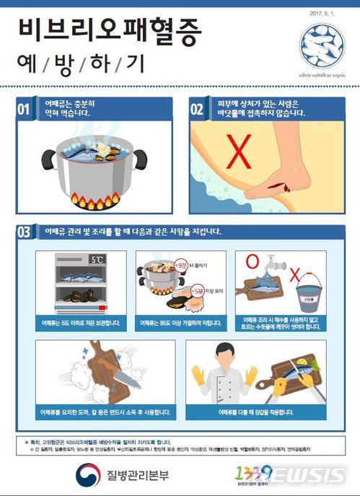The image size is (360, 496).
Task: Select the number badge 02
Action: click(x=198, y=110)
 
